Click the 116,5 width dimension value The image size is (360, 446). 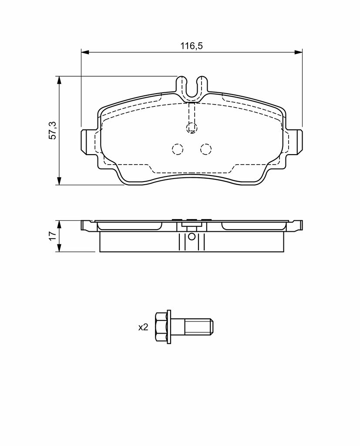(x=192, y=46)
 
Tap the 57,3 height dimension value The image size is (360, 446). (x=53, y=130)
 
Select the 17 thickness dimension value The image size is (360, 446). (x=53, y=236)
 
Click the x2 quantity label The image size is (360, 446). (x=143, y=328)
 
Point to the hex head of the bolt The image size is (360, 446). (x=161, y=327)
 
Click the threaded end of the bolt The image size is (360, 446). (x=199, y=327)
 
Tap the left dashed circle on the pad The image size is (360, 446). (x=178, y=149)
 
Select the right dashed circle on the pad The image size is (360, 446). (x=206, y=149)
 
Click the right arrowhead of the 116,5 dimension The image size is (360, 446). (x=298, y=52)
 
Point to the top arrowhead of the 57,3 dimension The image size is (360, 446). (x=59, y=80)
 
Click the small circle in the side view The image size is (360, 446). (x=192, y=236)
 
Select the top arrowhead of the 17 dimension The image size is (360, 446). (x=59, y=224)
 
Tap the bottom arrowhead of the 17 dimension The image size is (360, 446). (x=59, y=248)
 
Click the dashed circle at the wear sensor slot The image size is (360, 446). (x=192, y=128)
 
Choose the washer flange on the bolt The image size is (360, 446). (x=169, y=327)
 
